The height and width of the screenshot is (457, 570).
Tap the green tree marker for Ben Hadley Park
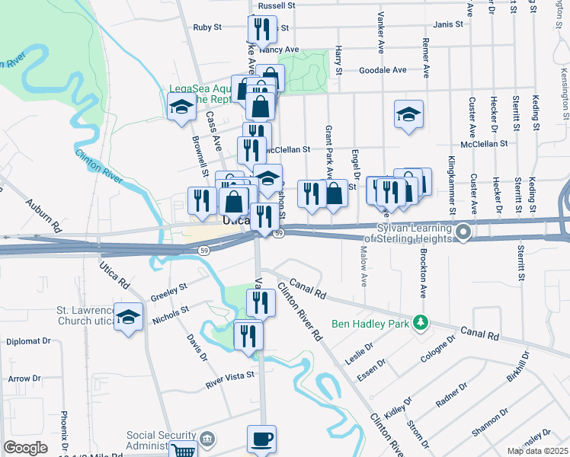coord(418,322)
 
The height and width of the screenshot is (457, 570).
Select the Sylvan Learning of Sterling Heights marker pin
coord(463,231)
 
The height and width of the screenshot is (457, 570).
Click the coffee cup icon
coord(261,439)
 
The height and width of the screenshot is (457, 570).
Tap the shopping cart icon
coord(182,451)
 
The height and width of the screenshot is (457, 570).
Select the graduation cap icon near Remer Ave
coord(408,115)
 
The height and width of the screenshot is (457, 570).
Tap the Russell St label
coord(276,5)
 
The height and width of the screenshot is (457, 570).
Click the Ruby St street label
coord(207,27)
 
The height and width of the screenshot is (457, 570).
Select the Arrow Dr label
coord(24,379)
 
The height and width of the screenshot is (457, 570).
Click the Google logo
coord(25,448)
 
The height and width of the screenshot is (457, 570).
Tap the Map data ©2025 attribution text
coord(537,451)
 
